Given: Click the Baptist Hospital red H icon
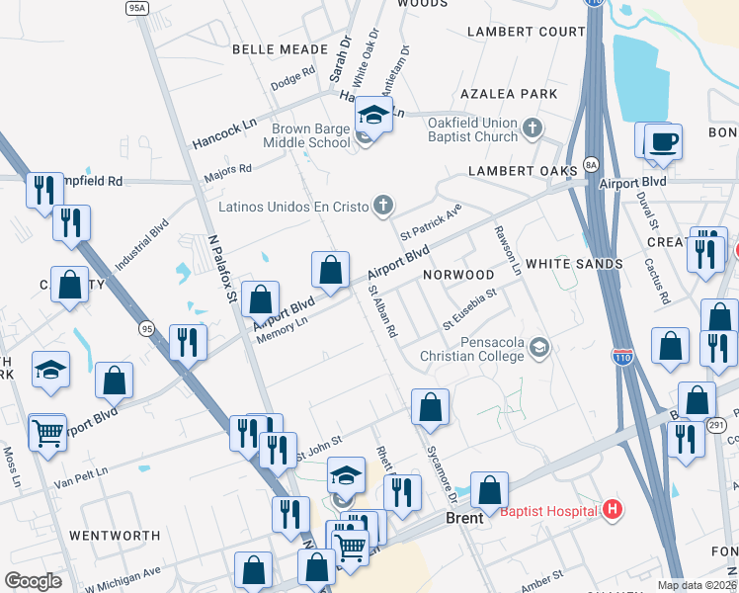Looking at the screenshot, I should tap(613, 510).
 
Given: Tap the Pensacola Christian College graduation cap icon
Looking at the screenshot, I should tap(539, 347).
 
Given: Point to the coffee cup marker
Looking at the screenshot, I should tap(663, 141).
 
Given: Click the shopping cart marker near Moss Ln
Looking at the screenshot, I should tap(47, 432).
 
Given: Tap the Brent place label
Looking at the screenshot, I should tap(464, 518).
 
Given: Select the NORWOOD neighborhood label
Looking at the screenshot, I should tap(458, 274).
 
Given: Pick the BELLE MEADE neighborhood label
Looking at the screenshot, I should tap(272, 48).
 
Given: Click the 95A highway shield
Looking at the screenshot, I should tap(136, 7).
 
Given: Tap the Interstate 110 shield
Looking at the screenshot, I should tap(622, 352).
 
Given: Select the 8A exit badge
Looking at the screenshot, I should tap(591, 164).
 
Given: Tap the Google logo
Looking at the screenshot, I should tap(34, 580).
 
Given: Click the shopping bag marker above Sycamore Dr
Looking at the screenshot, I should tap(430, 407).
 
